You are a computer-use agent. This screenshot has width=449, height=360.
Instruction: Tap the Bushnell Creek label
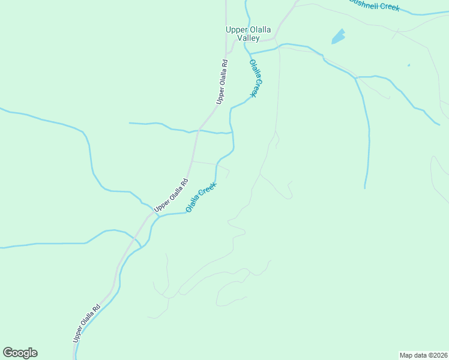point(373,5)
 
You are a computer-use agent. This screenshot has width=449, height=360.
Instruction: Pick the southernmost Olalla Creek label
point(200,197)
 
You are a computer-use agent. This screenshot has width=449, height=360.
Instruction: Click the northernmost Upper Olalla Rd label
point(222,82)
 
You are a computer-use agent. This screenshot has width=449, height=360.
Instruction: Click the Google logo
point(20,353)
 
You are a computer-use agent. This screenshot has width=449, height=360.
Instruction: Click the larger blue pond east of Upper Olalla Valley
point(339,37)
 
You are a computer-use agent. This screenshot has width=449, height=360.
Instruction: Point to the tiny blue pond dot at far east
point(409,65)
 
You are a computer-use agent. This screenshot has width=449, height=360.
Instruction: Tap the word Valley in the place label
point(248,38)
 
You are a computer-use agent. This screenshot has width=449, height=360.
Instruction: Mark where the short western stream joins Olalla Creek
point(232,133)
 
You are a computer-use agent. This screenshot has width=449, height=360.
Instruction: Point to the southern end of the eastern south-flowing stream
point(365,188)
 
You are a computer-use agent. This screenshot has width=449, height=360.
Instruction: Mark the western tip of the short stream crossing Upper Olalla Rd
point(130,123)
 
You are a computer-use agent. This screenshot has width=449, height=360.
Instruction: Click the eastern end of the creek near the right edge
point(440,124)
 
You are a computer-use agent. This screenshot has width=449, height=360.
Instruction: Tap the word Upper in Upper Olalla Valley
point(234,29)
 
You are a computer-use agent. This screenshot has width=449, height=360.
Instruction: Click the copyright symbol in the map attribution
point(427,355)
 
